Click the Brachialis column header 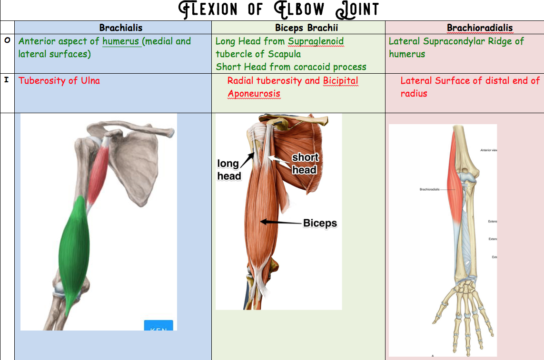point(121,28)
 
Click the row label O point(7,41)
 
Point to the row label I point(7,80)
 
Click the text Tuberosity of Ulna point(59,80)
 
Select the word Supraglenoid point(316,41)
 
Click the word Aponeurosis point(254,94)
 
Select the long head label point(229,170)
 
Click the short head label point(305,163)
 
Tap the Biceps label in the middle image point(320,223)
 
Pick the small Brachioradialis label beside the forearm point(429,189)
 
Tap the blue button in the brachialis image point(158,326)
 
